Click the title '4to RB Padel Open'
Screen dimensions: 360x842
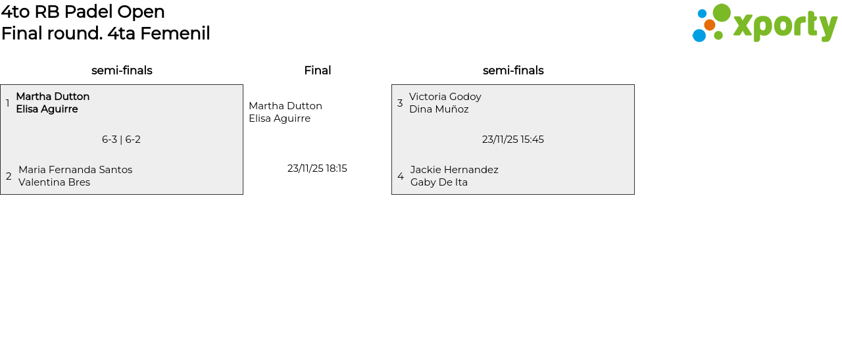tap(83, 12)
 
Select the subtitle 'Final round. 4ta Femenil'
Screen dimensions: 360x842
tap(105, 34)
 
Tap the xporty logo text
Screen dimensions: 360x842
tap(785, 26)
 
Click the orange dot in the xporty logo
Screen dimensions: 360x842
tap(709, 25)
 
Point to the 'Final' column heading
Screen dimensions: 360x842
tap(317, 70)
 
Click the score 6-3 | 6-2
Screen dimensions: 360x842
tap(121, 140)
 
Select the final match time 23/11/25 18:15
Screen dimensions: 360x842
tap(317, 168)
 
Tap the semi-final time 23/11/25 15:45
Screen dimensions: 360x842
tap(512, 140)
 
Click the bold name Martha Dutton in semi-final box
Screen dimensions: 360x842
tap(53, 97)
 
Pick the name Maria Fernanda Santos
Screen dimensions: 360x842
tap(75, 170)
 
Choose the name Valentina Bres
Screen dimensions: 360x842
tap(54, 182)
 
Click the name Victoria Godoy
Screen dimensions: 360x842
tap(445, 97)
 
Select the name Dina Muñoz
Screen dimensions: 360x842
tap(439, 109)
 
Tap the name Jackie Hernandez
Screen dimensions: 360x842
tap(454, 170)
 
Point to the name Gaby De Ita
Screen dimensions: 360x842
tap(439, 182)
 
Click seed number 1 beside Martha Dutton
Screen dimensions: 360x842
tap(7, 103)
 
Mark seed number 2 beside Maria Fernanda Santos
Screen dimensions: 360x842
tap(9, 176)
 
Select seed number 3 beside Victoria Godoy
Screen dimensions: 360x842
tap(399, 103)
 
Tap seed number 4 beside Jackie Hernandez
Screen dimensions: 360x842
tap(400, 176)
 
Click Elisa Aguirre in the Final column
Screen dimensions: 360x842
tap(280, 118)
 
